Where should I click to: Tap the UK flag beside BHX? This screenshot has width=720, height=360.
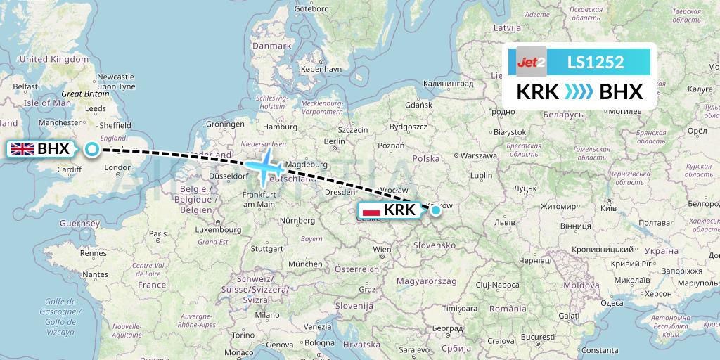tap(22, 148)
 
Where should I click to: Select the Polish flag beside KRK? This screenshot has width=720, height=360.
tap(371, 210)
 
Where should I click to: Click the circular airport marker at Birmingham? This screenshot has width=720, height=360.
tap(92, 148)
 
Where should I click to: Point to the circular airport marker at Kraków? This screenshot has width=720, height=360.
tap(436, 210)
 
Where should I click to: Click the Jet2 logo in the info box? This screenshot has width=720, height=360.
tap(531, 62)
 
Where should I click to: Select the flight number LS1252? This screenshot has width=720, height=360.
tap(595, 62)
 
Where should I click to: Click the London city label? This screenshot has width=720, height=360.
tap(118, 167)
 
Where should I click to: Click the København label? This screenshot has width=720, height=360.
tap(321, 70)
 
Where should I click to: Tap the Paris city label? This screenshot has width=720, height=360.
tap(157, 233)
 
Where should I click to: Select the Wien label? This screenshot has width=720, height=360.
tap(382, 249)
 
